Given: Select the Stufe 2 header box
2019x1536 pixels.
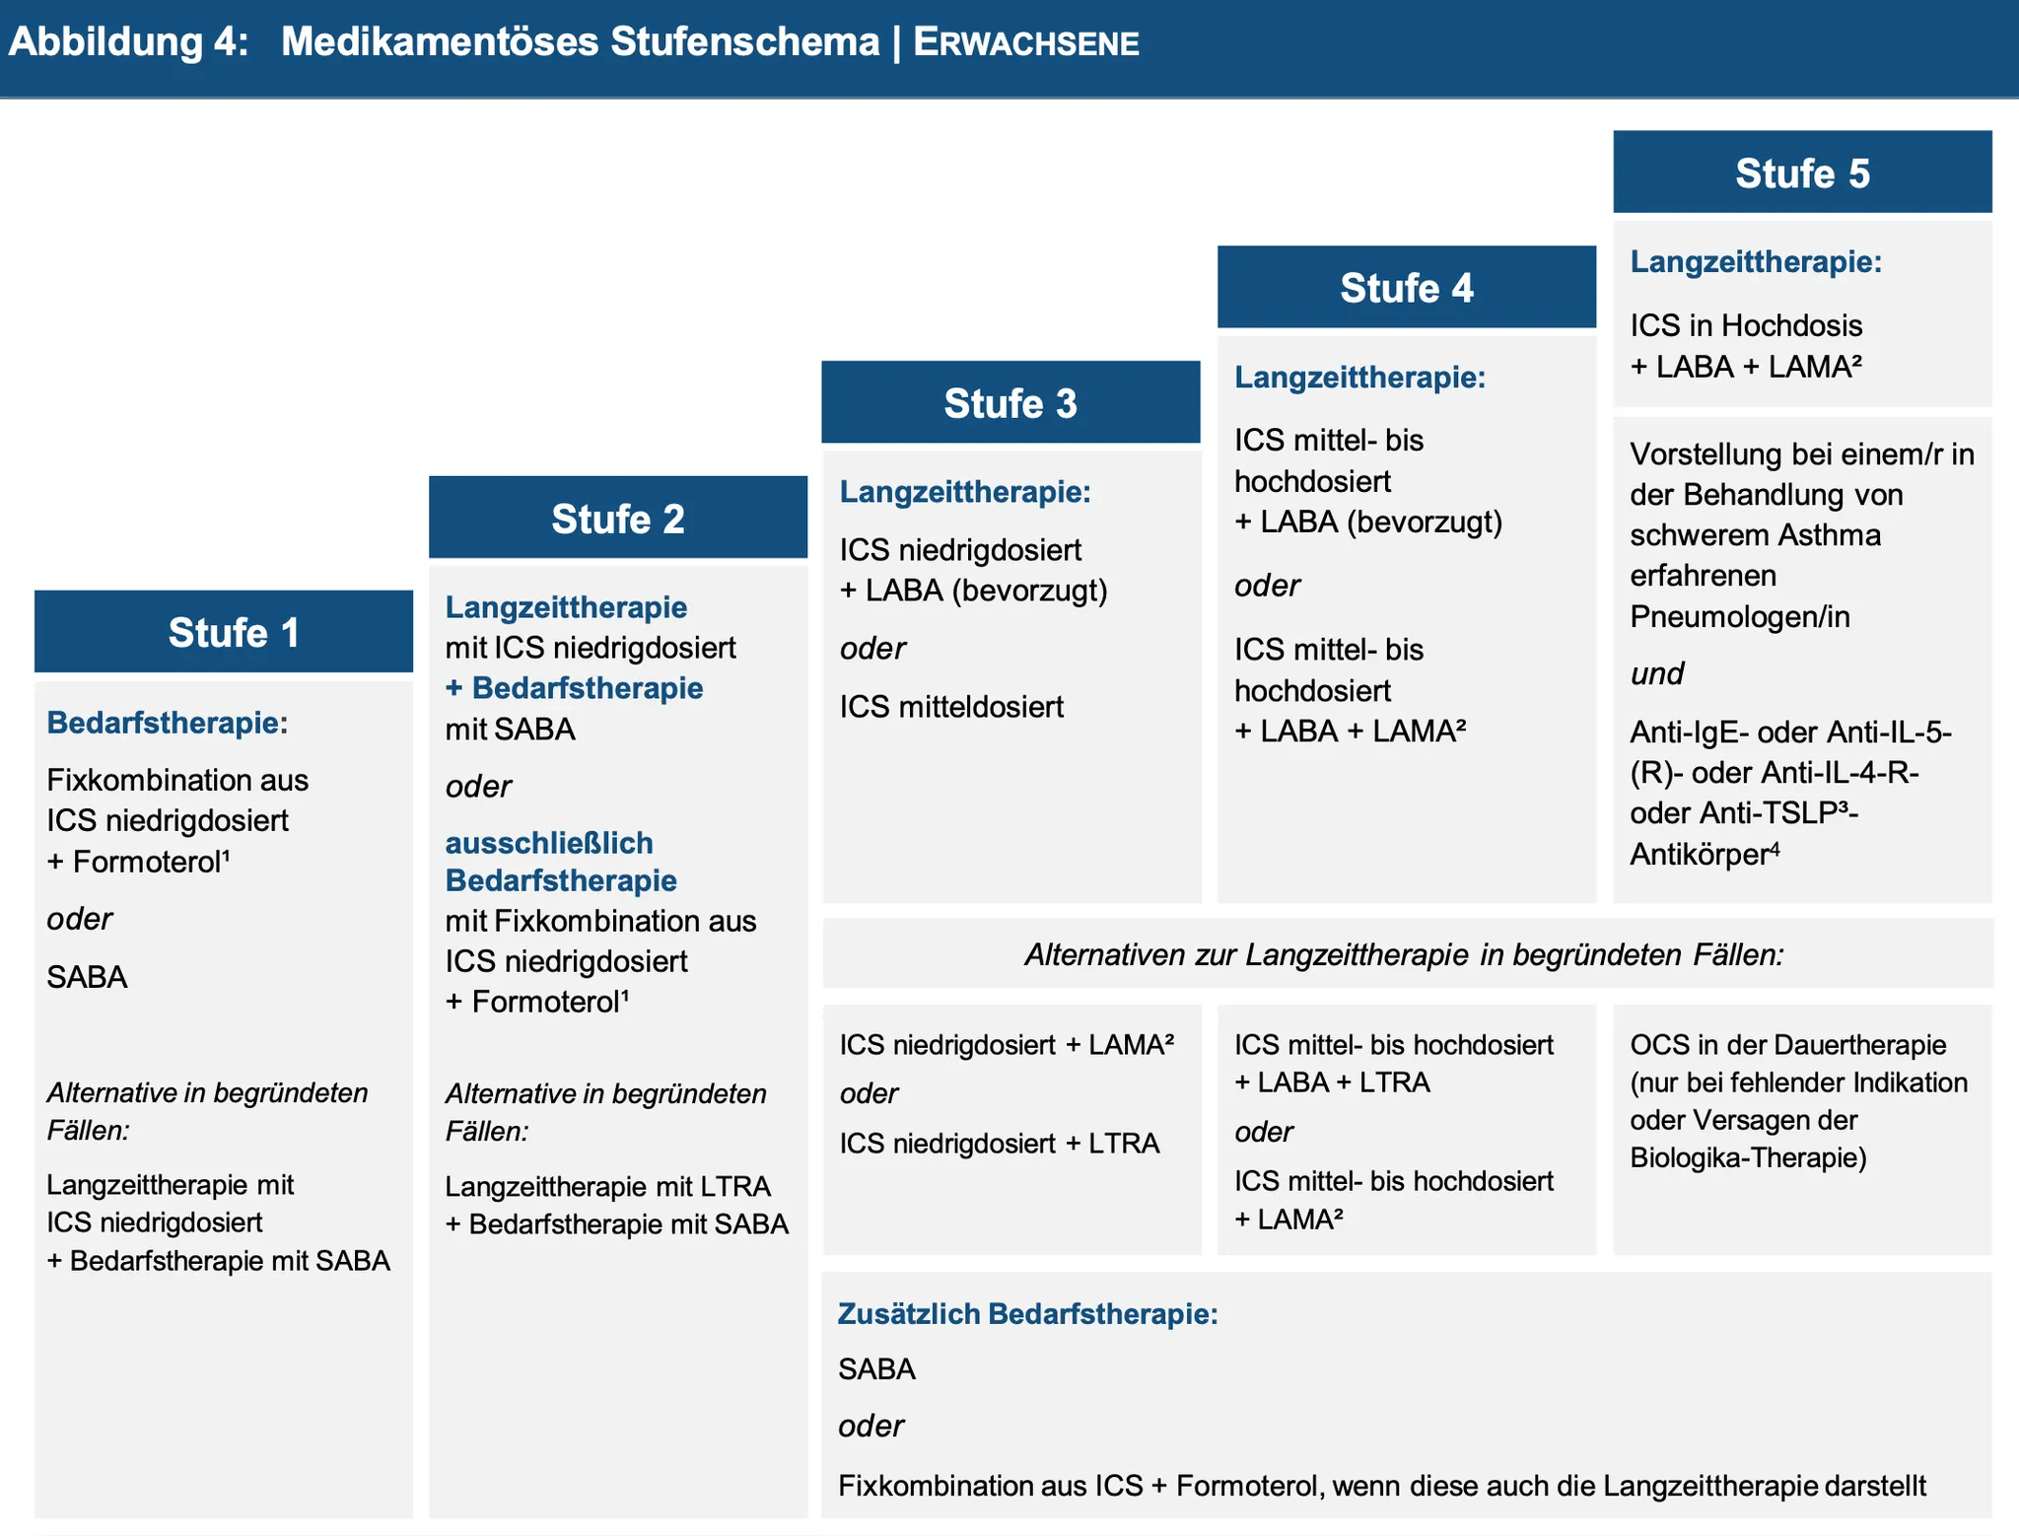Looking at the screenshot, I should coord(618,519).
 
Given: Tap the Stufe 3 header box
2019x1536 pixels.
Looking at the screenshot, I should coord(1010,403).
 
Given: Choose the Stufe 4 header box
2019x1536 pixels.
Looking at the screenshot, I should coord(1407,288).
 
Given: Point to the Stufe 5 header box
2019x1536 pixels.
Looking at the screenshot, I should coord(1802,174).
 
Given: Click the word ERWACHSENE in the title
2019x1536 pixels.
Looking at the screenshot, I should coord(1026,43).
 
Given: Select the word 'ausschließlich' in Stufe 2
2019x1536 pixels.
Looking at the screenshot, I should coord(549,843).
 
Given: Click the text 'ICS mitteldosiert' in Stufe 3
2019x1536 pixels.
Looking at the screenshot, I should coord(951,707).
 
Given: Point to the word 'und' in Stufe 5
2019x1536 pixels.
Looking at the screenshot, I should coord(1657,674).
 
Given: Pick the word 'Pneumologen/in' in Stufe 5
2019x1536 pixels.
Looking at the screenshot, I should coord(1739,617).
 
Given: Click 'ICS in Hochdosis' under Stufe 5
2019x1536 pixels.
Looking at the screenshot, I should coord(1745,325).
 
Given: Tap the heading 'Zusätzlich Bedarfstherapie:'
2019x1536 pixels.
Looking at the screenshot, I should coord(1027,1314).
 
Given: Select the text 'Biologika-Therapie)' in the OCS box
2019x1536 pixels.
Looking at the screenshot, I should coord(1748,1157).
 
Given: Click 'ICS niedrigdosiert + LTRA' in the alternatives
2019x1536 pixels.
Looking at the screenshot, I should coord(999,1144).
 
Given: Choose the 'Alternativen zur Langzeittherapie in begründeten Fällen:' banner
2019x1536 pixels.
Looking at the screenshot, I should coord(1404,954).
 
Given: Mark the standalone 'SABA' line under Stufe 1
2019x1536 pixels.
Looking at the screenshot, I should coord(87,977).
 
